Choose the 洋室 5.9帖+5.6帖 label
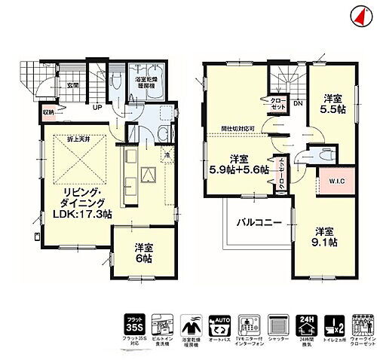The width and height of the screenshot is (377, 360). click(x=239, y=164)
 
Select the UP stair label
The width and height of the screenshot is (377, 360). click(x=98, y=107)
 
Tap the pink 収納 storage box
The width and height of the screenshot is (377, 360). click(x=48, y=115)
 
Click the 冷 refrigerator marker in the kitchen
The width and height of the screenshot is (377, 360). click(x=166, y=155)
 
